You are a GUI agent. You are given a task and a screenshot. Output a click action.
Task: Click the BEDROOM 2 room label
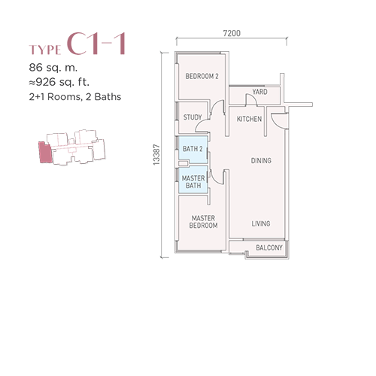click(202, 76)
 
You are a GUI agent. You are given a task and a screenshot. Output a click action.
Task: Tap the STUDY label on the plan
click(193, 117)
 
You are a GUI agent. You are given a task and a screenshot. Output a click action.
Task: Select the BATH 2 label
click(193, 149)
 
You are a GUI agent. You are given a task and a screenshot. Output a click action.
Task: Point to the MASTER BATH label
click(193, 182)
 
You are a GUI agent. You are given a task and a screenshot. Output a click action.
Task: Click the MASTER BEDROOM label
click(203, 222)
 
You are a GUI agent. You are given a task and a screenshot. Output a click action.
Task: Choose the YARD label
click(259, 92)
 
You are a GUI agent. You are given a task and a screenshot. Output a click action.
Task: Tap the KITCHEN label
click(249, 119)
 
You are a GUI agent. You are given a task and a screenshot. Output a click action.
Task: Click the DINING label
click(261, 161)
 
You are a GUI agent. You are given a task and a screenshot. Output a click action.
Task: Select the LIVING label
click(261, 223)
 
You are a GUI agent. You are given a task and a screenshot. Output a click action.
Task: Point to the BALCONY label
click(269, 248)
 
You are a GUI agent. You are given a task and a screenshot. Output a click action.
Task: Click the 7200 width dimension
click(232, 33)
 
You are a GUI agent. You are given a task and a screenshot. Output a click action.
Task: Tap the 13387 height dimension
click(156, 155)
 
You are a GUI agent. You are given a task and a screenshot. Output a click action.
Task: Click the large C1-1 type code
click(96, 44)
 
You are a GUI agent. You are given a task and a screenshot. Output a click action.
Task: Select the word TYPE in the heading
click(45, 50)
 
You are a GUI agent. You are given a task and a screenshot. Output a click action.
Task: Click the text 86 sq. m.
click(53, 68)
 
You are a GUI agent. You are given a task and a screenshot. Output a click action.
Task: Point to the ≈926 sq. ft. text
click(59, 82)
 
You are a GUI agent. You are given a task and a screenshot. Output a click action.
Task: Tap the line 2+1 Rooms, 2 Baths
click(75, 97)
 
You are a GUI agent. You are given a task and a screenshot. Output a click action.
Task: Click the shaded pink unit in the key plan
click(45, 153)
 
